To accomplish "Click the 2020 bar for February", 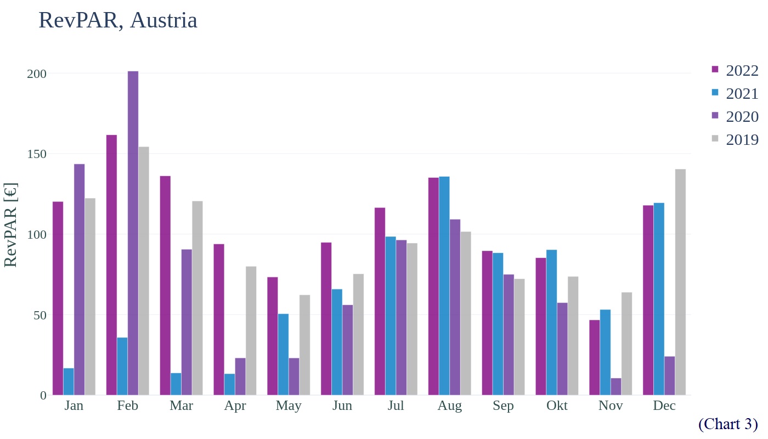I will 133,233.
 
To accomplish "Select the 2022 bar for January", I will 58,299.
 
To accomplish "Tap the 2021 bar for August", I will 444,286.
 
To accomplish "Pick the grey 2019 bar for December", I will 680,282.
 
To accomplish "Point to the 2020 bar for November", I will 616,387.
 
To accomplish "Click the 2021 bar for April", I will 229,385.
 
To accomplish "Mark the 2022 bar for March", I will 165,285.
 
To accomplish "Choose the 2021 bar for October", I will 552,323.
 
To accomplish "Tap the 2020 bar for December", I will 670,376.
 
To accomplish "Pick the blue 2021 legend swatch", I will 715,93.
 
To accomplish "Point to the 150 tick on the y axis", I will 37,154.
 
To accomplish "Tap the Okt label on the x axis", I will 557,406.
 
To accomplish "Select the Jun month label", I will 342,406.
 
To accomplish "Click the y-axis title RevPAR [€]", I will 11,225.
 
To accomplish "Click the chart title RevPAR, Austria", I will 118,20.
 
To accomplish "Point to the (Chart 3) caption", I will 728,424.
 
